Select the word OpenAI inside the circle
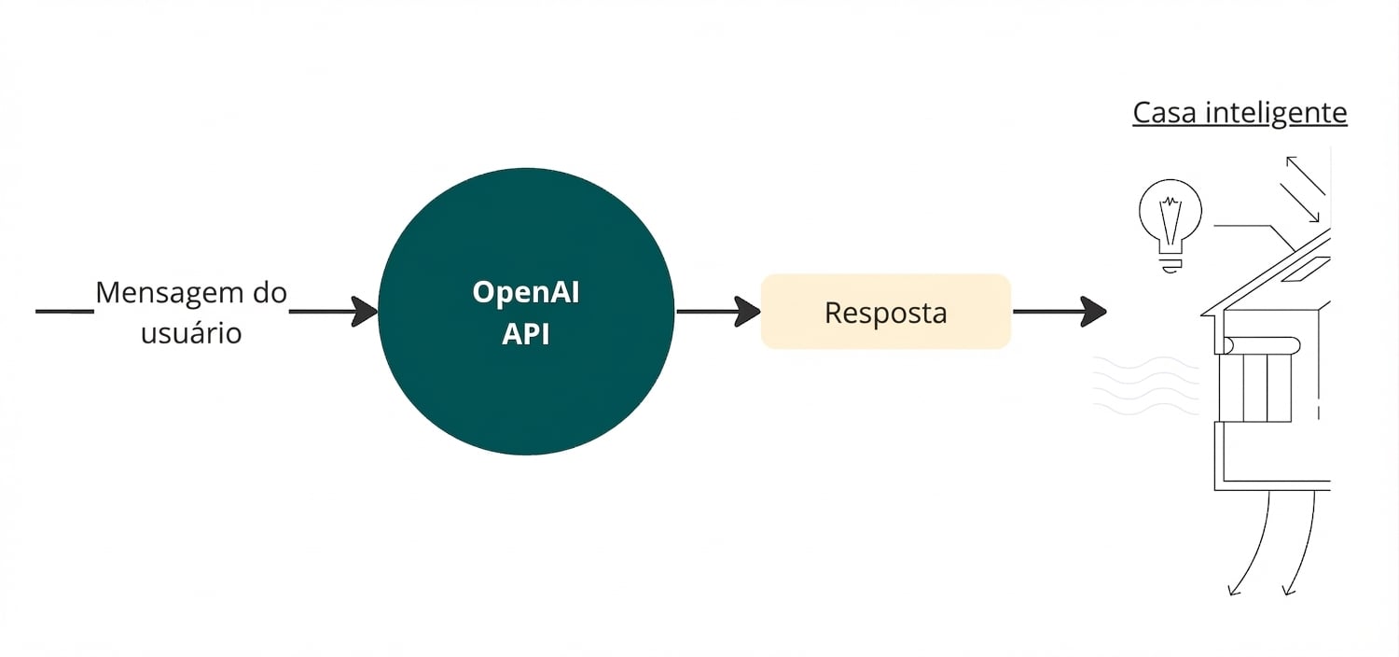click(x=526, y=292)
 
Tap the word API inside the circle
click(x=526, y=334)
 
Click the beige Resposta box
click(x=885, y=312)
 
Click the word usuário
click(x=191, y=333)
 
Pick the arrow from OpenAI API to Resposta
click(x=717, y=312)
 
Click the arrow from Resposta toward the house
click(x=1059, y=312)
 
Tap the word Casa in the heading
click(x=1166, y=113)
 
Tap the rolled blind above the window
click(x=1259, y=345)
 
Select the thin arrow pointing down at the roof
click(x=1299, y=203)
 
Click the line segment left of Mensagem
click(x=64, y=311)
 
